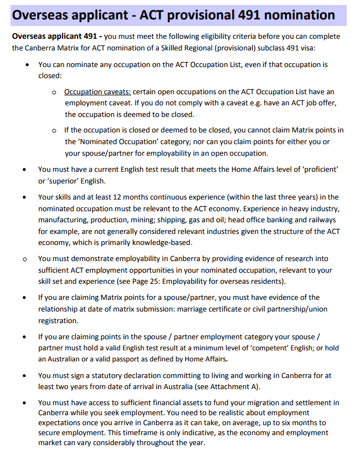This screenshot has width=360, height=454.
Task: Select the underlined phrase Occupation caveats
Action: [x=97, y=91]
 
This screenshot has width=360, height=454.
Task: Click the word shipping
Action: [x=171, y=220]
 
